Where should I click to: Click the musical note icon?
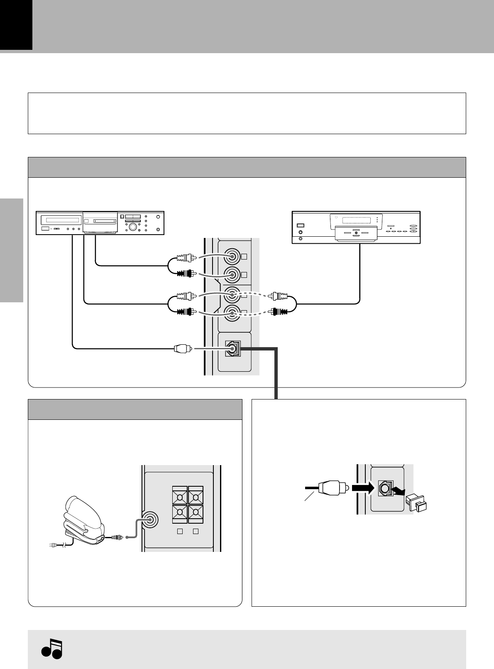tap(51, 648)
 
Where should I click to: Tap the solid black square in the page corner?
tap(16, 25)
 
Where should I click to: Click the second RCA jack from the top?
tap(232, 274)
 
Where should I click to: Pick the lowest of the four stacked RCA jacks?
tap(232, 312)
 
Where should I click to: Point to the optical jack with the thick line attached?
tap(232, 349)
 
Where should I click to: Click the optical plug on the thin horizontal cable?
tap(182, 349)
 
